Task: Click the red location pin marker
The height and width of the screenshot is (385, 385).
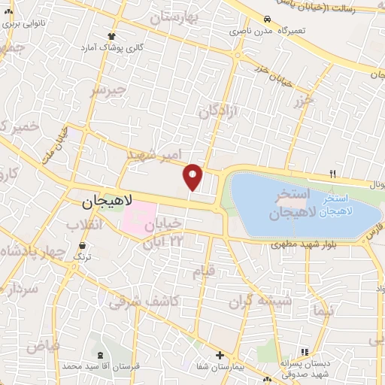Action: point(193,177)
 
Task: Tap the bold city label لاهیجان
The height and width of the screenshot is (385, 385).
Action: point(106,202)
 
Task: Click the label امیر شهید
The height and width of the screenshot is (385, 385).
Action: point(155,156)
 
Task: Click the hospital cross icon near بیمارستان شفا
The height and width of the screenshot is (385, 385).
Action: point(220,355)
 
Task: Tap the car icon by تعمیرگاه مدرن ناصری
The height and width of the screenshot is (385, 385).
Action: point(268,19)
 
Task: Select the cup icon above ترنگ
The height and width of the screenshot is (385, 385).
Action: point(82,245)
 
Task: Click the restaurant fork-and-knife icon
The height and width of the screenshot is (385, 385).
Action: point(332,174)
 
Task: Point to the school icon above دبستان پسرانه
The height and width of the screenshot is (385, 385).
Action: point(304,352)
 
